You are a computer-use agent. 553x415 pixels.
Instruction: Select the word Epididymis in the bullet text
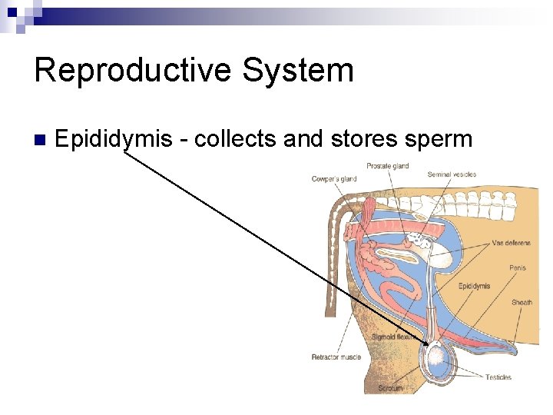[x=114, y=139]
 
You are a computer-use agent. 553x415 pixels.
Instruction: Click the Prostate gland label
[x=387, y=166]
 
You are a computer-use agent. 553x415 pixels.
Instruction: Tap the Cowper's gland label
[x=334, y=179]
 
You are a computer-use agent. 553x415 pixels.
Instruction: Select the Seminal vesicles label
[x=452, y=174]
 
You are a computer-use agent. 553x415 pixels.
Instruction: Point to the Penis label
[x=518, y=268]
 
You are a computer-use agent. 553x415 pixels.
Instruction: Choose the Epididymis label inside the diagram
[x=474, y=286]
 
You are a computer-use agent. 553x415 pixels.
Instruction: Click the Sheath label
[x=522, y=302]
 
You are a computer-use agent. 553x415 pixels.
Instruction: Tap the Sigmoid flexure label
[x=393, y=337]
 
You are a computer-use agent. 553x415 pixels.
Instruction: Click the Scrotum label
[x=390, y=388]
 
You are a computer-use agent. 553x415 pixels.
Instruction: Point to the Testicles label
[x=498, y=377]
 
